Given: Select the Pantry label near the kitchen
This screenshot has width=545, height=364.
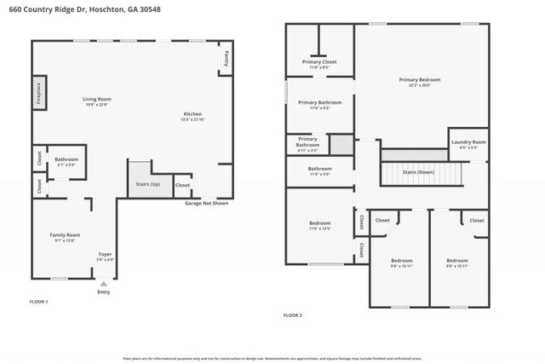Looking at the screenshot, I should (227, 58).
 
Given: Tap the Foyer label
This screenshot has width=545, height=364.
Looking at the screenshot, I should (105, 254).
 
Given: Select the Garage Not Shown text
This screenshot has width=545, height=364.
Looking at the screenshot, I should (207, 204).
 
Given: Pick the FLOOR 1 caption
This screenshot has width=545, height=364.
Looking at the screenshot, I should (39, 302).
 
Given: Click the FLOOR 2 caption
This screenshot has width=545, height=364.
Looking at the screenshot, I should (293, 315).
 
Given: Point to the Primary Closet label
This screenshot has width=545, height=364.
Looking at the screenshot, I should (319, 62).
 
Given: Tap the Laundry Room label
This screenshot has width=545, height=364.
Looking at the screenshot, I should (468, 142).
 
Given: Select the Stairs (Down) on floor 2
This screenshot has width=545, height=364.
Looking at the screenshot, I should (420, 173).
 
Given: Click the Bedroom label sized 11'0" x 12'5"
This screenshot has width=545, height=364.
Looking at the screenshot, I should (319, 223).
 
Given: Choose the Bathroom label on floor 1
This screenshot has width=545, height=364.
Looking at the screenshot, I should (66, 159).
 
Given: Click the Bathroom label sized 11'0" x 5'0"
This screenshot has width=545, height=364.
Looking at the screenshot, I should (320, 169).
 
